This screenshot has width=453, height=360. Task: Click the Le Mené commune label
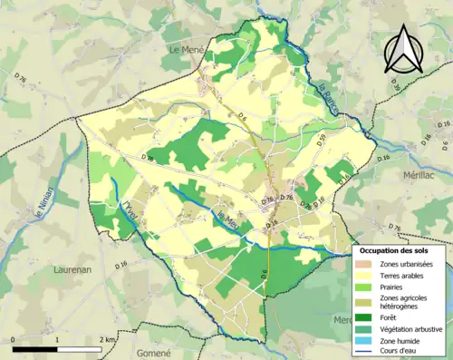186,52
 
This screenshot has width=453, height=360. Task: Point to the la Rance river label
326,91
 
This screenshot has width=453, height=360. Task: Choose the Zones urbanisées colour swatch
366,263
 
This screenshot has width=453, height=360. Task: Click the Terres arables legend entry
404,276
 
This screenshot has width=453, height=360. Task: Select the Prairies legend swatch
366,287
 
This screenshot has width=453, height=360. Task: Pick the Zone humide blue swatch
366,340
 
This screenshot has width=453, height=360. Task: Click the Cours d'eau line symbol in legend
366,352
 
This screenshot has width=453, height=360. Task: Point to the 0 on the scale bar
14,339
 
